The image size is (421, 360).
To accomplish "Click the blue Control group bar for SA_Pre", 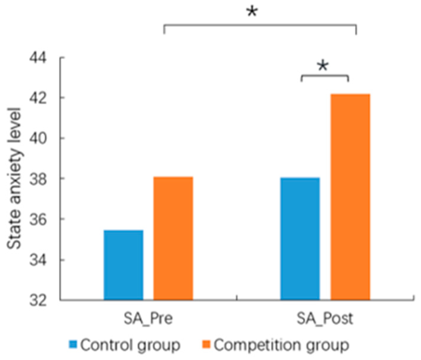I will [x=123, y=265].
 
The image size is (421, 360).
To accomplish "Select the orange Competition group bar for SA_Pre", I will [x=173, y=238].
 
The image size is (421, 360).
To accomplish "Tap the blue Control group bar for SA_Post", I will [x=300, y=239].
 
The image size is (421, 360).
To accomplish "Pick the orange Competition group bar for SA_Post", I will [x=350, y=197].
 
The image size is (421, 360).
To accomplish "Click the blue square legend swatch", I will [x=73, y=344].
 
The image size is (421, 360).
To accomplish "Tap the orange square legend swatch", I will [x=206, y=344].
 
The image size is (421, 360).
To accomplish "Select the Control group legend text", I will [x=130, y=345].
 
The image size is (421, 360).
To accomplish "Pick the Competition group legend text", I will [x=281, y=345].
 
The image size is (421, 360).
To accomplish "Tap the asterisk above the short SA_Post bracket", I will [x=323, y=65].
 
